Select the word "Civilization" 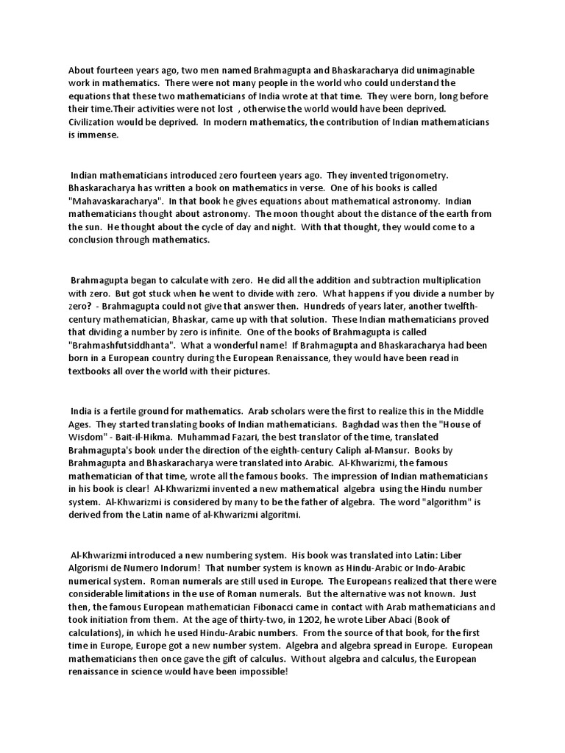(x=94, y=121)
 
